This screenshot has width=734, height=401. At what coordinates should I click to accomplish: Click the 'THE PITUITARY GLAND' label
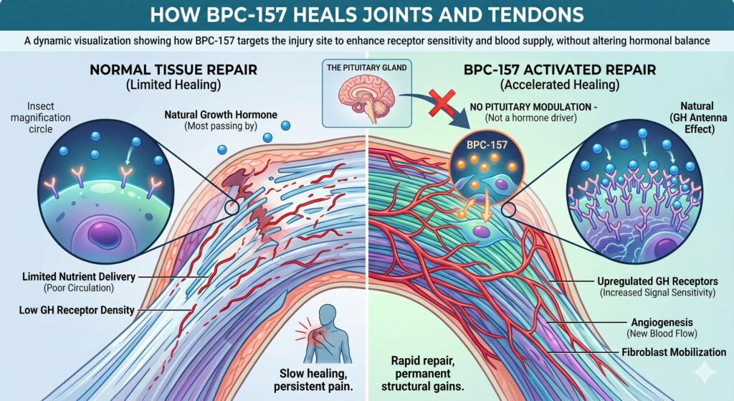coord(366,69)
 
